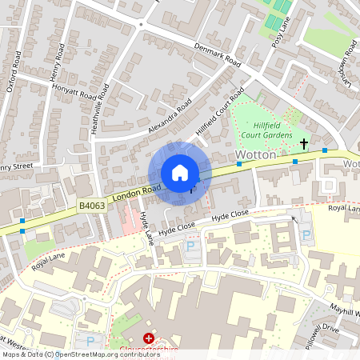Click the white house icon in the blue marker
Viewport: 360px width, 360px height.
coord(180,173)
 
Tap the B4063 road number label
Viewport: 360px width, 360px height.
coord(91,206)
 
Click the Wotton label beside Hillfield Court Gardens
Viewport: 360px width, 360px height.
coord(255,154)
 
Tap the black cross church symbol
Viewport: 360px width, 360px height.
coord(303,144)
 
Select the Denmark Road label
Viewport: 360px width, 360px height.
coord(218,54)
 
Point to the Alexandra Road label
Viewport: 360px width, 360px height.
coord(170,117)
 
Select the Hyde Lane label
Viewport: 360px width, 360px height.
coord(146,228)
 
